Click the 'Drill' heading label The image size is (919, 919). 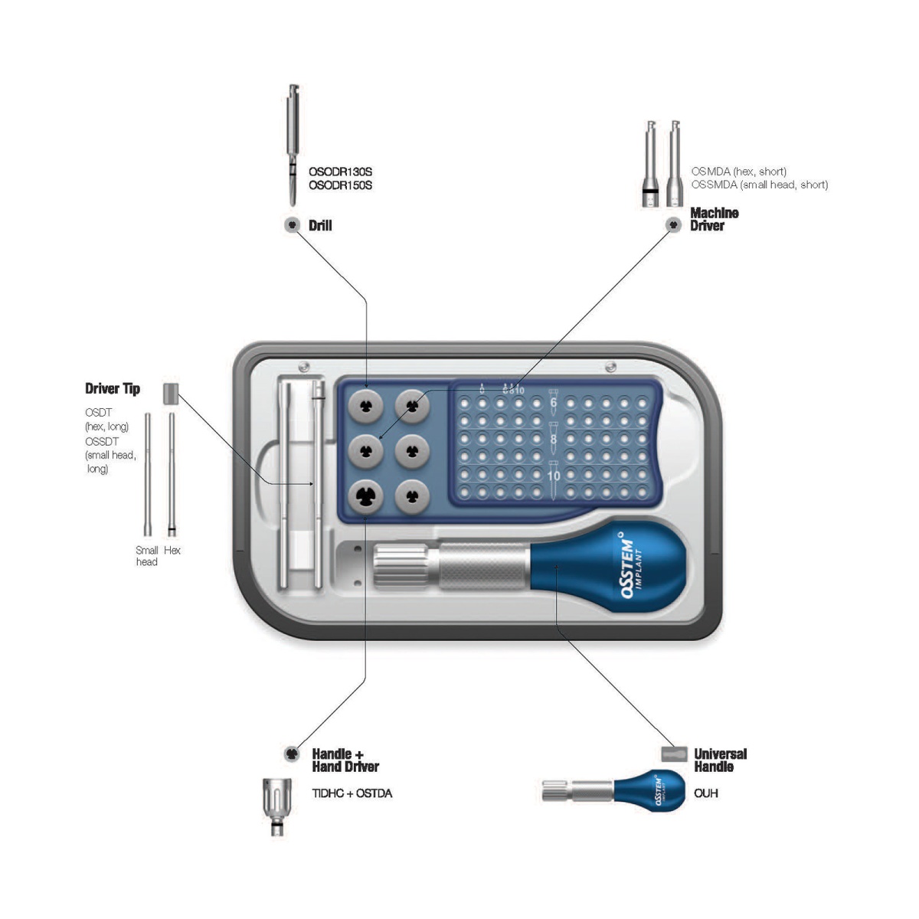click(x=320, y=226)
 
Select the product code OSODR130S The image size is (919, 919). click(x=340, y=172)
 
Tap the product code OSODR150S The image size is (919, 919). click(x=340, y=185)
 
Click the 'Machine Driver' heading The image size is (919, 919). click(x=714, y=219)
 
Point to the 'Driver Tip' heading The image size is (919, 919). click(x=113, y=389)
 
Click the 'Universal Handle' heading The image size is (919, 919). click(x=720, y=760)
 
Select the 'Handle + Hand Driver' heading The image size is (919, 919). click(x=345, y=760)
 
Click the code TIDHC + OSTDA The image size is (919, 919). click(x=352, y=793)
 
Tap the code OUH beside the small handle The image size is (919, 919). click(x=705, y=793)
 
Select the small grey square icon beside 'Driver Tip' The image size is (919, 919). click(x=170, y=394)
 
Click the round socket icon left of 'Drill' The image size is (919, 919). click(x=292, y=225)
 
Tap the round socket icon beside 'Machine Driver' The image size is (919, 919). click(x=673, y=225)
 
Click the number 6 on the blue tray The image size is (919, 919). click(x=554, y=402)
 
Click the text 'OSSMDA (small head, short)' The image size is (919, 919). click(x=759, y=185)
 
